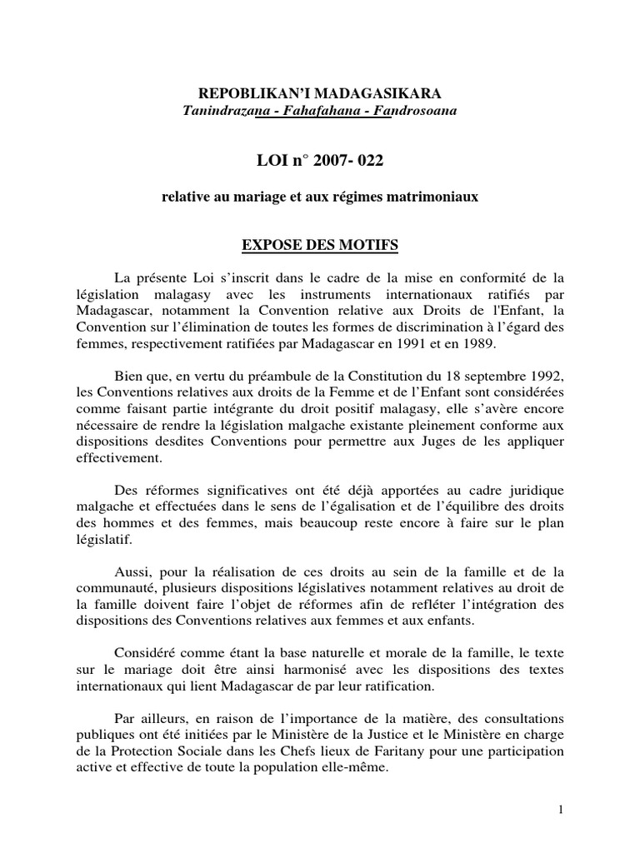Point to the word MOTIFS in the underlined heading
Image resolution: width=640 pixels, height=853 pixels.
[368, 245]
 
